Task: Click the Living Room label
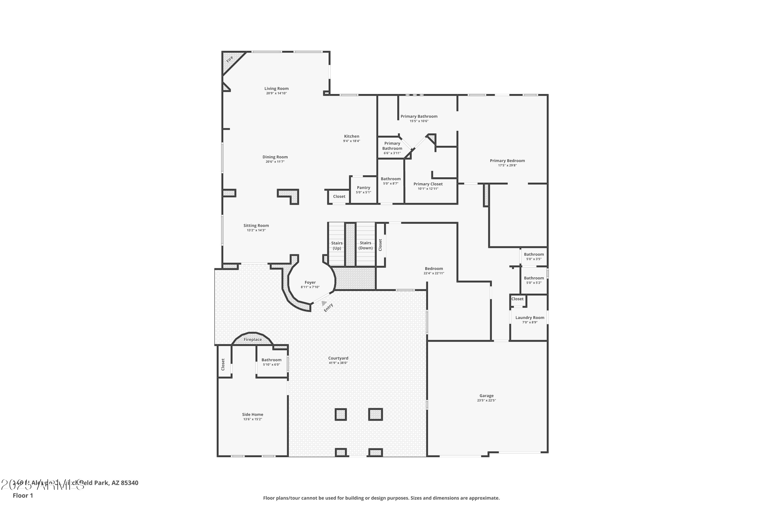pos(276,88)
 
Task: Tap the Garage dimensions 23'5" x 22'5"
pos(486,401)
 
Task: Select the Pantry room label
pos(363,188)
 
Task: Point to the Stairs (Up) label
pos(337,246)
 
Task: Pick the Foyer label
pos(310,282)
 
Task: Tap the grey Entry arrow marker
pos(324,303)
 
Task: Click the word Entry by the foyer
pos(328,307)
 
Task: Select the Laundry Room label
pos(530,317)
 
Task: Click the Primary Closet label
pos(428,184)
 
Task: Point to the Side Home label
pos(252,414)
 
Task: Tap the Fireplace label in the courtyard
pos(253,340)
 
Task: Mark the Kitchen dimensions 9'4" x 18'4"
pos(352,141)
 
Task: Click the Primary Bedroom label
pos(507,161)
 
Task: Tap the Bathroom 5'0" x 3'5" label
pos(534,254)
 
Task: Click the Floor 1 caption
pos(23,495)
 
